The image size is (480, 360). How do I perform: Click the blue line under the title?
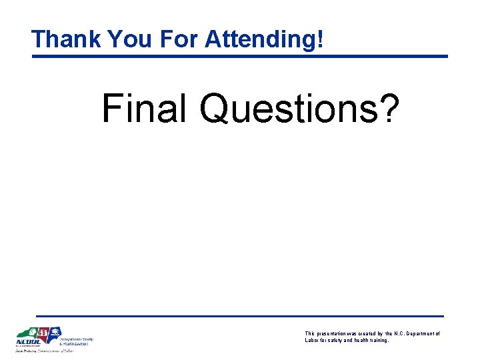pyautogui.click(x=240, y=56)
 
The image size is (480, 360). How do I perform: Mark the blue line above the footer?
pyautogui.click(x=240, y=315)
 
